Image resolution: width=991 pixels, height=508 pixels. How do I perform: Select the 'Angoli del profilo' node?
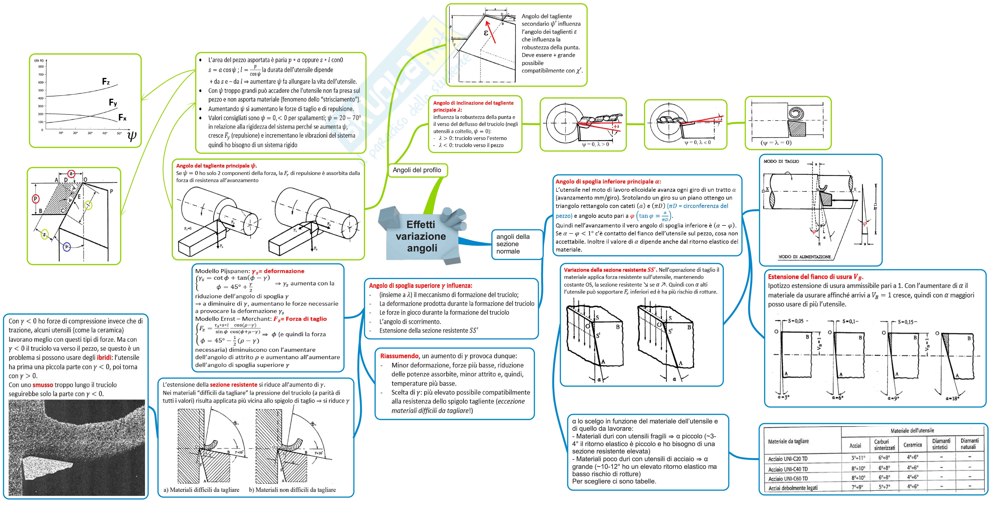click(x=417, y=170)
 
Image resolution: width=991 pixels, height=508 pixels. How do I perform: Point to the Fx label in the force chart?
click(x=122, y=117)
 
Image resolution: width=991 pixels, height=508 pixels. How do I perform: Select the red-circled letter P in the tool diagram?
click(x=35, y=199)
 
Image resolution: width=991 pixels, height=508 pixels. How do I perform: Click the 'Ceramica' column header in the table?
click(x=913, y=445)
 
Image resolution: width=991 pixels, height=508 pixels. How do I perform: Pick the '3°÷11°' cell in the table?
click(x=858, y=458)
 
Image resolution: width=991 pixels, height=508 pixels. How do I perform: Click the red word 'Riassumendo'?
click(x=399, y=356)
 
